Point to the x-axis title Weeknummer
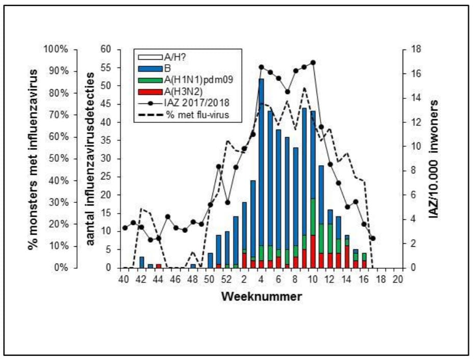(x=261, y=296)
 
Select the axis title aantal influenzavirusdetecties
(x=91, y=159)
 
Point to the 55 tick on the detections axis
(x=106, y=68)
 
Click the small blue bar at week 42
(x=142, y=262)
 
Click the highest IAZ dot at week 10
(x=313, y=63)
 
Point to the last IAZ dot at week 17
(x=373, y=238)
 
